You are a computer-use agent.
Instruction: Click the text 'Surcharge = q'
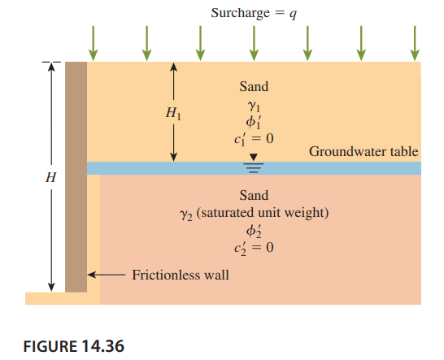(x=254, y=13)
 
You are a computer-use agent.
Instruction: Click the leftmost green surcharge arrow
(x=93, y=43)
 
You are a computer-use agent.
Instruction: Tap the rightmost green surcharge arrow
(x=415, y=43)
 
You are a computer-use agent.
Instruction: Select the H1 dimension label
(x=173, y=113)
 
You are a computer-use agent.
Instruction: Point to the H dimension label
(x=51, y=177)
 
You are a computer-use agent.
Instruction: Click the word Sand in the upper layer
(x=254, y=86)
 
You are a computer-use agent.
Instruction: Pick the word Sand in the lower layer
(x=254, y=195)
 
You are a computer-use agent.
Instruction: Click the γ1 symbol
(x=254, y=106)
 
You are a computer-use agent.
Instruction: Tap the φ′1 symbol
(x=253, y=122)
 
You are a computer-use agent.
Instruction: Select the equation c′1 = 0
(x=254, y=139)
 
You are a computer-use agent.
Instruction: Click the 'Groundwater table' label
(x=363, y=152)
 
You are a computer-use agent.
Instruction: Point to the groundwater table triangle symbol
(x=254, y=157)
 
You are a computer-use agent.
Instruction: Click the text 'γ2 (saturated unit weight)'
(x=254, y=213)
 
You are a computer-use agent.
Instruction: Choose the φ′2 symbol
(x=254, y=232)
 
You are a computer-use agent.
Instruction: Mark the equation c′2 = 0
(x=254, y=248)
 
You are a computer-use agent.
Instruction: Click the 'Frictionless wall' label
(x=181, y=275)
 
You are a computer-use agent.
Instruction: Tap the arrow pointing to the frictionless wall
(x=107, y=275)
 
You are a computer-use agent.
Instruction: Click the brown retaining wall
(x=76, y=177)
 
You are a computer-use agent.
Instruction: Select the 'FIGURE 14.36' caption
(x=74, y=346)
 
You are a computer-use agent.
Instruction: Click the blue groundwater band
(x=254, y=168)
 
